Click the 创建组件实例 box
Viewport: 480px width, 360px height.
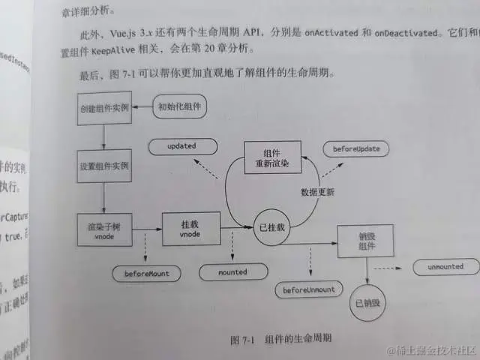point(104,109)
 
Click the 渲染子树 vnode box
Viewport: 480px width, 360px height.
point(105,229)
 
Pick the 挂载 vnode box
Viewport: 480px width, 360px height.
point(190,229)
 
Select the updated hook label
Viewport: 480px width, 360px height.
point(182,145)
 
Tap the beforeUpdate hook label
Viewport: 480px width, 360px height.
point(356,149)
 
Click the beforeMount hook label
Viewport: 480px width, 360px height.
point(147,274)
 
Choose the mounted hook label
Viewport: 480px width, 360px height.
point(233,272)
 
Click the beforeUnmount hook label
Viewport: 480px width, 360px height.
point(309,289)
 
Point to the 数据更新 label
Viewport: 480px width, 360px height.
point(317,192)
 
